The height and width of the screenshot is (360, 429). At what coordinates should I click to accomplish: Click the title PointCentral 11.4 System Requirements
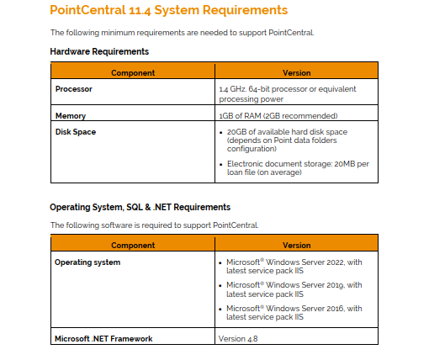pos(168,11)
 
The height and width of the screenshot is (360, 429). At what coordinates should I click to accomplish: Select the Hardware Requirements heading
pos(99,52)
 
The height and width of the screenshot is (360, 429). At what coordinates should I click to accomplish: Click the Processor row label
pos(73,88)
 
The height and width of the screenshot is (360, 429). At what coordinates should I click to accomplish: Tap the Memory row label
pos(71,116)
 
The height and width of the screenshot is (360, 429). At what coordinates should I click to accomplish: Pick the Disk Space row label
pos(75,131)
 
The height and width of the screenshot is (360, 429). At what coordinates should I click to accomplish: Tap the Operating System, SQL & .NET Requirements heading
pos(140,206)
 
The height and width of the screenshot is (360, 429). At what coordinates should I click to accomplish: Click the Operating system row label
pos(87,262)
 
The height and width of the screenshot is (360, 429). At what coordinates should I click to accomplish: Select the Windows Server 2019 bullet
pos(294,289)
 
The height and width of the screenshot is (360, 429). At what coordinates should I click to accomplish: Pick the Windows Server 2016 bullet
pos(294,312)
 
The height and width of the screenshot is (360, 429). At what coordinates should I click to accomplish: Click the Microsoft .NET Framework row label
pos(103,339)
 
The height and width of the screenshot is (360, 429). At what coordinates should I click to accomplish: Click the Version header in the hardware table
pos(297,73)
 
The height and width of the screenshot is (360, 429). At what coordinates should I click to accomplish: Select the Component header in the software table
pos(133,246)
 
